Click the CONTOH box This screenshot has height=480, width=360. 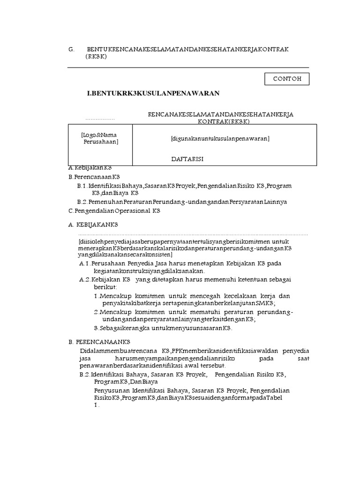[x=287, y=79]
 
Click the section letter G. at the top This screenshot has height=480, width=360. [x=71, y=49]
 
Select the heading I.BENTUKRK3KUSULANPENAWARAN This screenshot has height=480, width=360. [x=153, y=94]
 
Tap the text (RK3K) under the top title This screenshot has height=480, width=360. [x=96, y=56]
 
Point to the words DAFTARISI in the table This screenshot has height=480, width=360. [x=187, y=159]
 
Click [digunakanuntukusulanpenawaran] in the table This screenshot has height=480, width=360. [x=220, y=139]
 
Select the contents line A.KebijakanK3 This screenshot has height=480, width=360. [x=90, y=167]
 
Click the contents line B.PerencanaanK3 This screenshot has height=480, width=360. [x=94, y=177]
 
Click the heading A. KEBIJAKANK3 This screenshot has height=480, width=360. [x=94, y=225]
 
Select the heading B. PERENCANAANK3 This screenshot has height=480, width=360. [x=99, y=342]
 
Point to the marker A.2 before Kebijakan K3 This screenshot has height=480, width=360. [x=84, y=279]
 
